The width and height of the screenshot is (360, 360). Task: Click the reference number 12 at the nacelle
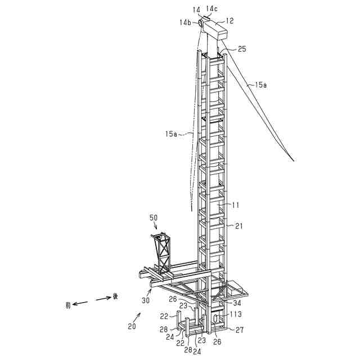[230, 21]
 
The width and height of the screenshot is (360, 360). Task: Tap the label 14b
[185, 22]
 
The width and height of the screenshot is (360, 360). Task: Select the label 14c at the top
[211, 8]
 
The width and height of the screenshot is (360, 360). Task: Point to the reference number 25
[241, 49]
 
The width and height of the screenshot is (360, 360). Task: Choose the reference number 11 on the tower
[237, 206]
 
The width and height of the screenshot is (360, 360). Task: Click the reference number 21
[239, 226]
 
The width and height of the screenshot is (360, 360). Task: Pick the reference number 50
[154, 217]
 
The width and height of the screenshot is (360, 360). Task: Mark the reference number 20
[131, 327]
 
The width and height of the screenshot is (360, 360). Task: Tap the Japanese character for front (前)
[68, 305]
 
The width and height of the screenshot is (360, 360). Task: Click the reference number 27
[239, 330]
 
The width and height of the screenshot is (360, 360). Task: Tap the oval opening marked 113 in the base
[215, 318]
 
